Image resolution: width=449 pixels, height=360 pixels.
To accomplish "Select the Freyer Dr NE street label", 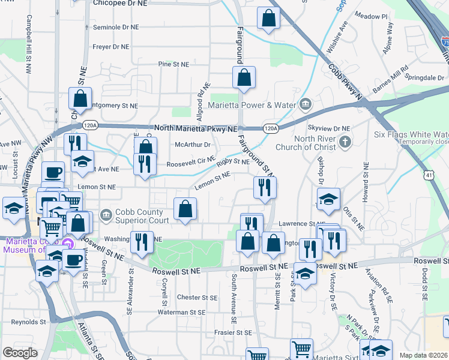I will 111,46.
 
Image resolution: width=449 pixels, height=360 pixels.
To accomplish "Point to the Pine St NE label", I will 173,64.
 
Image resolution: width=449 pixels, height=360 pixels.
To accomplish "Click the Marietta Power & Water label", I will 252,105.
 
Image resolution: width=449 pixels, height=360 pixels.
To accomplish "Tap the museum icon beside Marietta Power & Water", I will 306,105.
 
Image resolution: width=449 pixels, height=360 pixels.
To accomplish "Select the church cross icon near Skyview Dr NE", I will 345,143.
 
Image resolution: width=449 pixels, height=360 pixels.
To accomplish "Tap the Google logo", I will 20,353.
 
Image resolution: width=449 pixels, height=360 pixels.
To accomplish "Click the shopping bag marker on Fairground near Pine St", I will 244,78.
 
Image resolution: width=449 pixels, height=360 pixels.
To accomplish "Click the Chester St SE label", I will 197,298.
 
